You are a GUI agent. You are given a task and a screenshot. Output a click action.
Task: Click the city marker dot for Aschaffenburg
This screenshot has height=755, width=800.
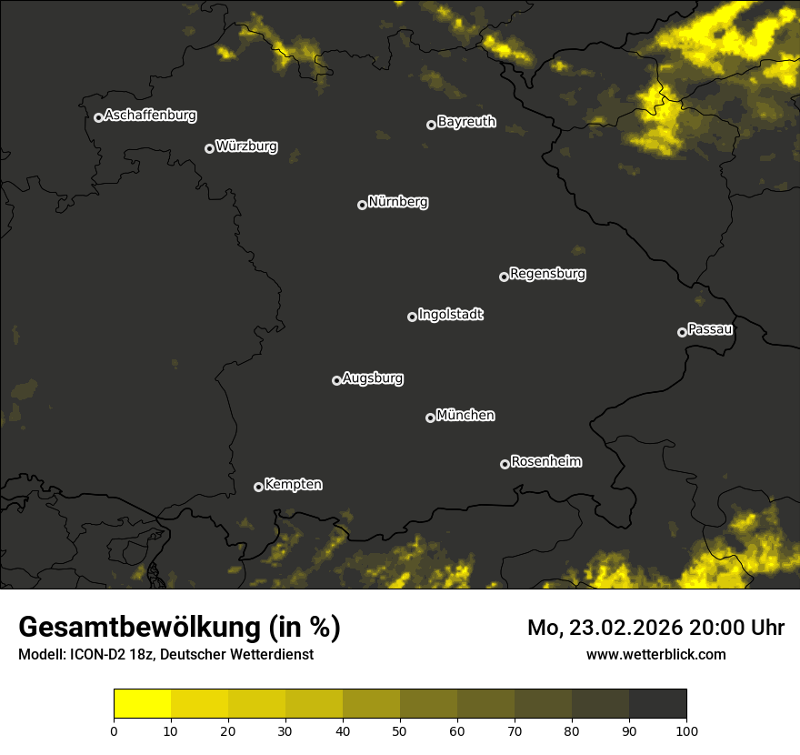click(98, 117)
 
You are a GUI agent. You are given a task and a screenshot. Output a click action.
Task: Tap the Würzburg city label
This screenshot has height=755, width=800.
click(246, 146)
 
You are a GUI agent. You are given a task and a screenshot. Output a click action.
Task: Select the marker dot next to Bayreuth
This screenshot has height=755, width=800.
click(431, 125)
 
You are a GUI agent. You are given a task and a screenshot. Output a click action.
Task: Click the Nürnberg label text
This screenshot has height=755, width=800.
click(398, 202)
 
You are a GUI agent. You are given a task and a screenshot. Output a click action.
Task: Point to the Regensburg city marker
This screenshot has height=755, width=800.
click(504, 277)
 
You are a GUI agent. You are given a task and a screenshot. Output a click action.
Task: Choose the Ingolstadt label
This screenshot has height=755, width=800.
click(451, 315)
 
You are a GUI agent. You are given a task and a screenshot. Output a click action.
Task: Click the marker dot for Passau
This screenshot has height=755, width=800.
click(682, 332)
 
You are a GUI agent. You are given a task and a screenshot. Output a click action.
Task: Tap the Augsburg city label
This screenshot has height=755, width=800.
click(373, 378)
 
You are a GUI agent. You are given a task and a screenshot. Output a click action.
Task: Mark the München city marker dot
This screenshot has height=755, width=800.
click(430, 418)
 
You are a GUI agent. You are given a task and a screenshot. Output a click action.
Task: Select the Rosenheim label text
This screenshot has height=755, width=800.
click(546, 462)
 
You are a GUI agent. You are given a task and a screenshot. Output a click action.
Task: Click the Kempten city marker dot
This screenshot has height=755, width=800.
click(258, 487)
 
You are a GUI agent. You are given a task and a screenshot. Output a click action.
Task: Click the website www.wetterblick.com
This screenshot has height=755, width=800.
click(656, 654)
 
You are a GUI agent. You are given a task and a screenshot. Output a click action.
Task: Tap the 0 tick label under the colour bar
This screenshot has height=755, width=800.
click(114, 730)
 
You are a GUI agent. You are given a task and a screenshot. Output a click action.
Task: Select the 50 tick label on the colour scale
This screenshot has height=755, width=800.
click(400, 730)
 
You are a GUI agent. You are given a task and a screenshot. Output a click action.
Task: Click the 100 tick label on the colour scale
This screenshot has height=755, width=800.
click(686, 730)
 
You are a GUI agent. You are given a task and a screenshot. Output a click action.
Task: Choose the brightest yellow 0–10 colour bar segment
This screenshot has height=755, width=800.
click(143, 704)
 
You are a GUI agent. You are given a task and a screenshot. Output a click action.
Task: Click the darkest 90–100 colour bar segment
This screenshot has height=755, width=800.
click(657, 704)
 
